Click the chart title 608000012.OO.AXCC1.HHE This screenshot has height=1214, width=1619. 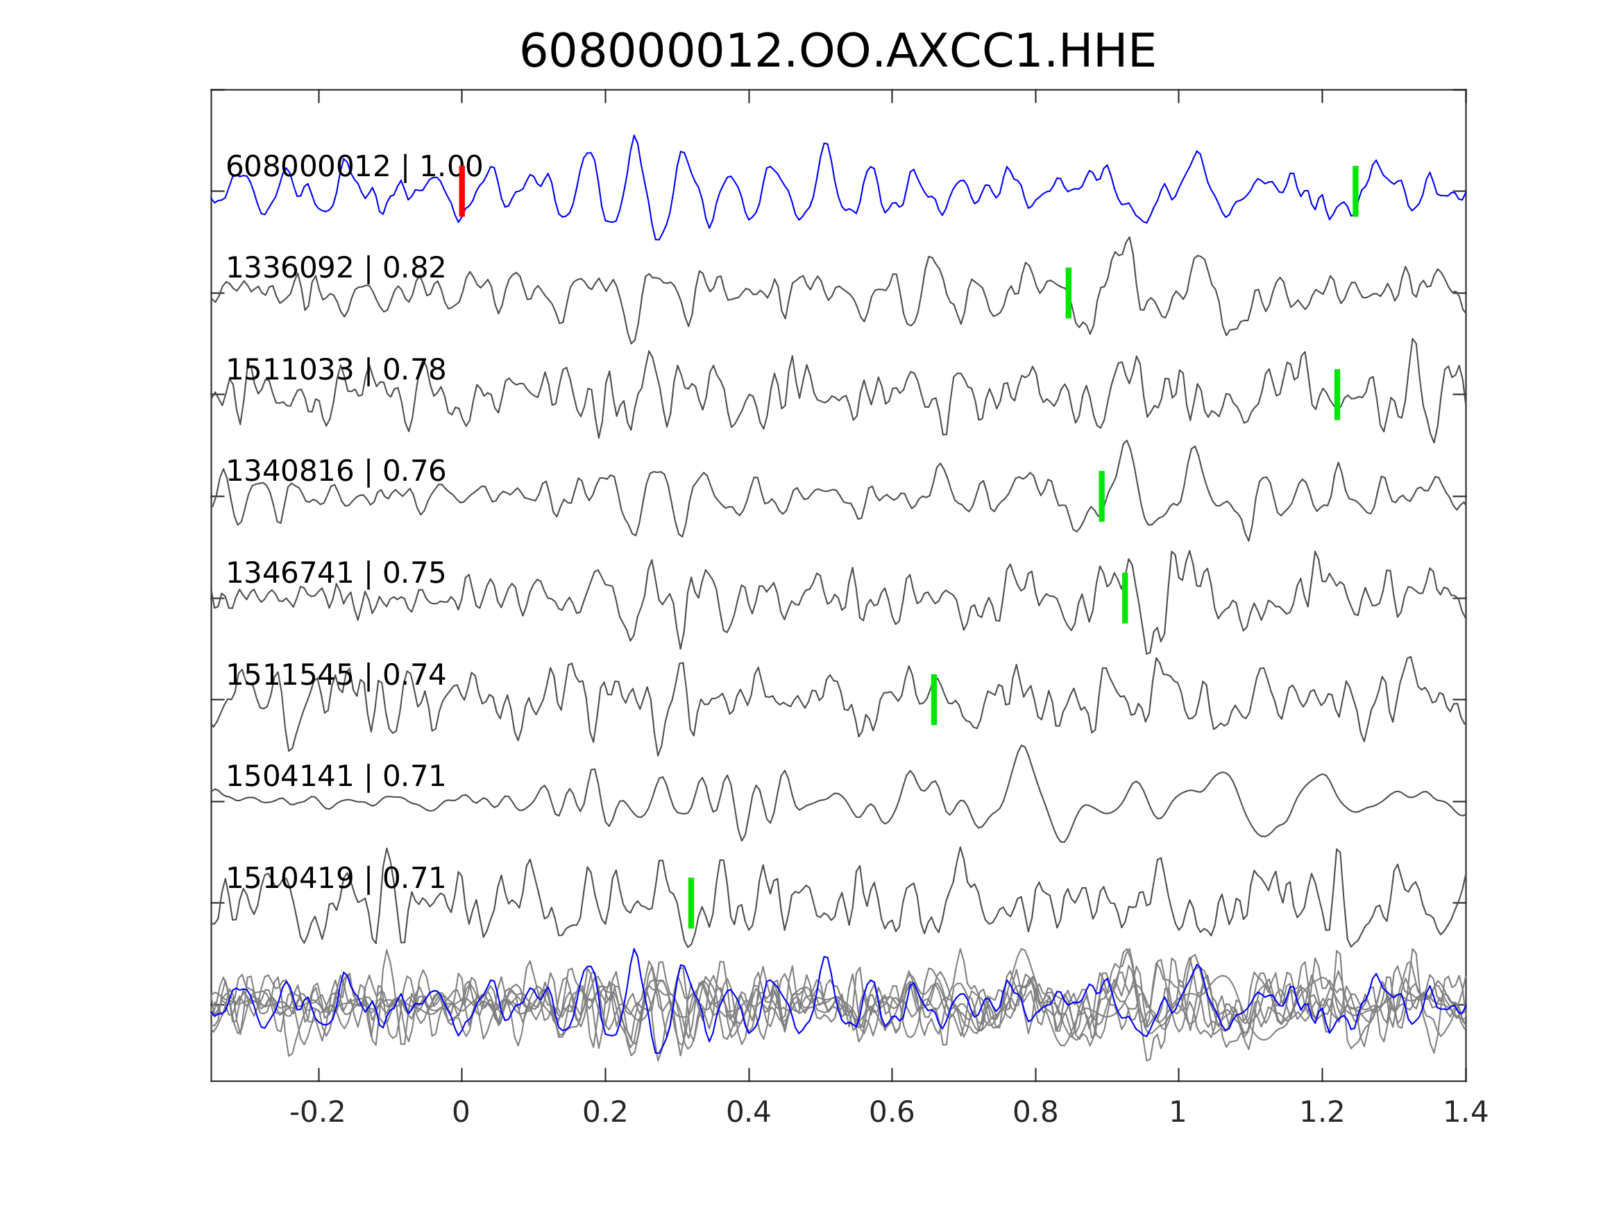click(837, 52)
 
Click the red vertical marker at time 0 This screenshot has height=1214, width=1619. click(462, 191)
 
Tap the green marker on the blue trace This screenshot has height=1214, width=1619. click(1355, 191)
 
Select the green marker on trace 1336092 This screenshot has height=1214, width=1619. click(1069, 293)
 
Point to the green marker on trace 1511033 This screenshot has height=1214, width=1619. click(1337, 395)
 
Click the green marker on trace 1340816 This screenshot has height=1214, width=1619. click(1101, 496)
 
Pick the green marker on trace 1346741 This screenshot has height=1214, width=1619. click(1125, 598)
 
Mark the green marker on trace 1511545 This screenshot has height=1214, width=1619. click(934, 699)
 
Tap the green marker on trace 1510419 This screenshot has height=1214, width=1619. click(691, 903)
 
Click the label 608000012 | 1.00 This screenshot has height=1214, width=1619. click(354, 167)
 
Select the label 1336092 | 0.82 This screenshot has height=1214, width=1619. click(336, 268)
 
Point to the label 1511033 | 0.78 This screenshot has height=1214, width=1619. click(336, 370)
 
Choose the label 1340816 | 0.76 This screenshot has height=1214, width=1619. click(336, 471)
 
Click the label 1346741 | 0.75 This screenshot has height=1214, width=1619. click(336, 573)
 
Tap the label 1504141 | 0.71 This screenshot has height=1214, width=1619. click(336, 776)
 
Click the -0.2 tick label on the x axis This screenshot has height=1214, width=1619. click(317, 1113)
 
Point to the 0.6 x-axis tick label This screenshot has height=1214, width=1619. click(892, 1113)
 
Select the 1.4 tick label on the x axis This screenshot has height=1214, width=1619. click(1466, 1113)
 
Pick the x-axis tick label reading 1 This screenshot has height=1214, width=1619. click(1178, 1113)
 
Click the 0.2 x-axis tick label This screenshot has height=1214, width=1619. click(604, 1113)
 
